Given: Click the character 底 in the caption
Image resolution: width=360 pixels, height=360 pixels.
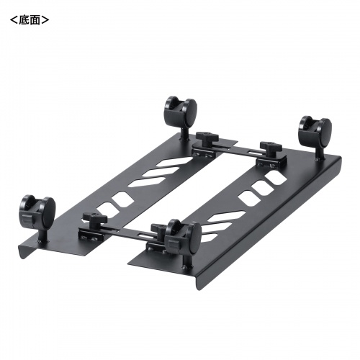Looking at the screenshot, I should [22, 19].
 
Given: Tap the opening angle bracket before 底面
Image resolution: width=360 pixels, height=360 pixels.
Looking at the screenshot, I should [9, 19].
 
